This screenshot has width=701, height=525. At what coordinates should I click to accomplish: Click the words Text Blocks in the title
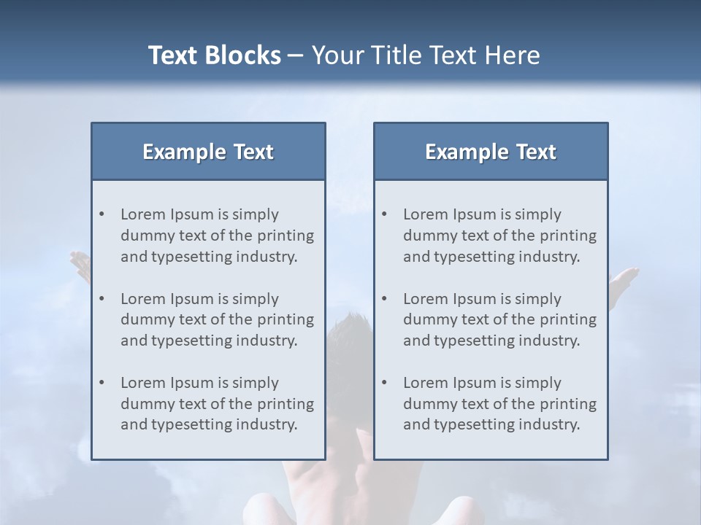point(214,55)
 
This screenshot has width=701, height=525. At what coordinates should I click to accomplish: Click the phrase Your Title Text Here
point(426,55)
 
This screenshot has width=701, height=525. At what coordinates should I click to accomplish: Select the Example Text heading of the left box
point(208,152)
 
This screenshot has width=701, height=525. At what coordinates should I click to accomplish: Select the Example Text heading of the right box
point(491,152)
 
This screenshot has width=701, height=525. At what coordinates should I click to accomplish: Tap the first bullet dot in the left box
point(101,214)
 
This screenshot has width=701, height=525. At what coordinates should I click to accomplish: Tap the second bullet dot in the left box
point(101,299)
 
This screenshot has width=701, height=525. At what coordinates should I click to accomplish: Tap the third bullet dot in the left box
point(101,383)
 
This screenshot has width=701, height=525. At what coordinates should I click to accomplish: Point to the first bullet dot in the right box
point(384,214)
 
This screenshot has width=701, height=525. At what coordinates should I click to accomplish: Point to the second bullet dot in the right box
point(384,299)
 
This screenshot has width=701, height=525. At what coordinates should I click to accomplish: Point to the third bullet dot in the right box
point(384,383)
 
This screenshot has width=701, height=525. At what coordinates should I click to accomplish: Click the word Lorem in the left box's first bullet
point(142,214)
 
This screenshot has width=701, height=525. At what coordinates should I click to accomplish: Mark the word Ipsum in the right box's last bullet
point(475,383)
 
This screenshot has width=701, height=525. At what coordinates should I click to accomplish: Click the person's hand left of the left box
point(80,264)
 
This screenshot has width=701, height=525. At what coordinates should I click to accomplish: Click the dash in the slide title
point(296,56)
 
